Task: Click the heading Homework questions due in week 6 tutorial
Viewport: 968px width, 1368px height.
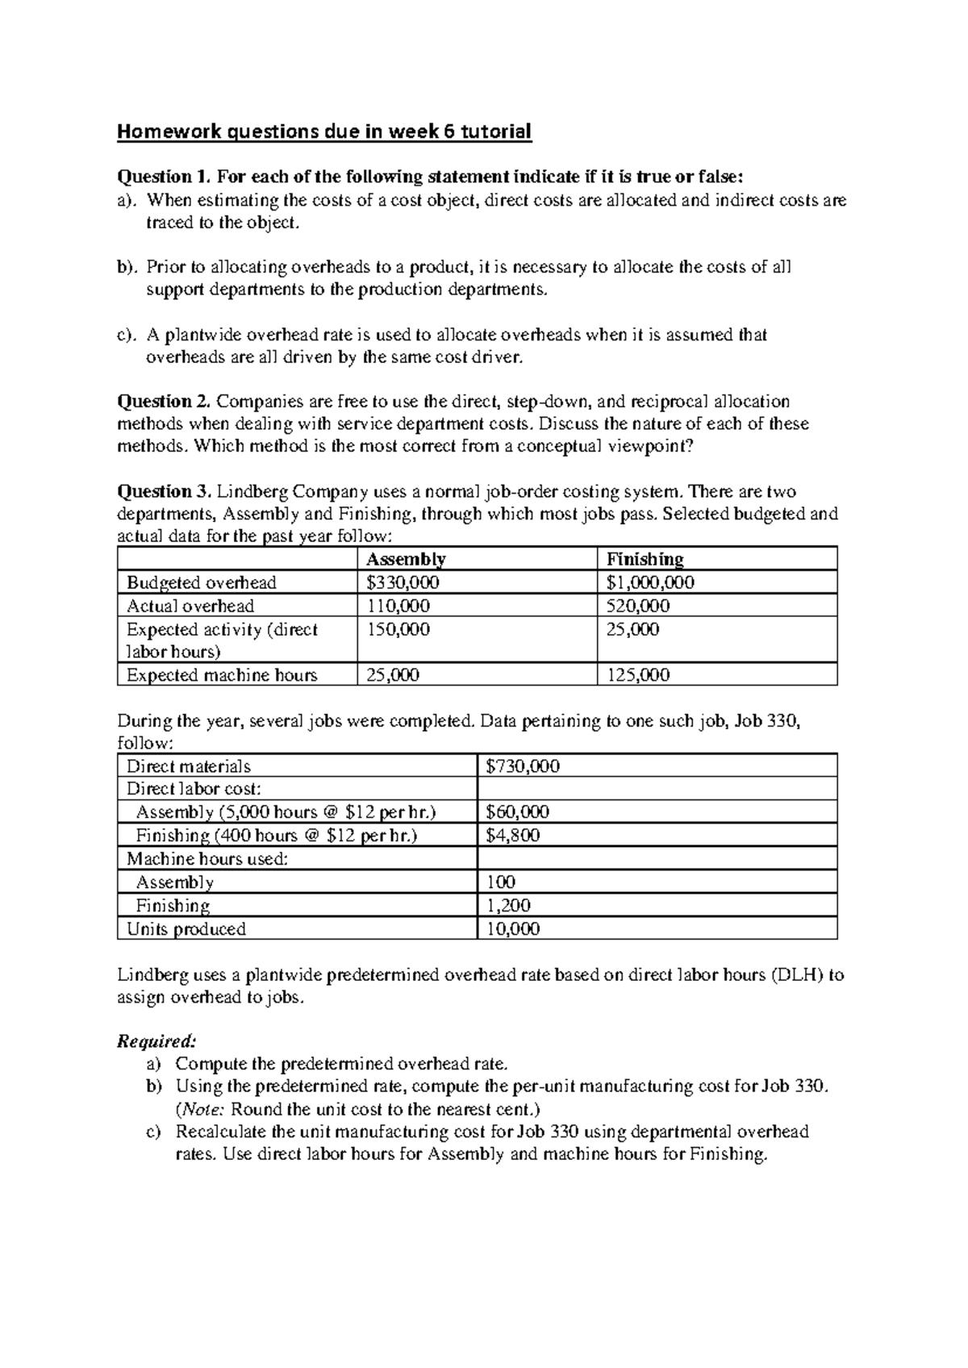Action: point(324,131)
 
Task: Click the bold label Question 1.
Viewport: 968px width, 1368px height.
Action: point(165,177)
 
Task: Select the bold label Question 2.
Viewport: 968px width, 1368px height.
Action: point(165,401)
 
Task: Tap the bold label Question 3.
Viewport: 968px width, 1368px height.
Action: point(165,491)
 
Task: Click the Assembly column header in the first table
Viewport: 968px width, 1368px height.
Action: point(405,559)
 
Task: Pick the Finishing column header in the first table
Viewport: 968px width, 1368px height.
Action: point(645,559)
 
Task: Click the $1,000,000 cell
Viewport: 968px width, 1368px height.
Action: point(650,582)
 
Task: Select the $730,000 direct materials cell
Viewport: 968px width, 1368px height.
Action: point(523,766)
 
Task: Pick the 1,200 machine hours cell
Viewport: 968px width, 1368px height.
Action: point(508,906)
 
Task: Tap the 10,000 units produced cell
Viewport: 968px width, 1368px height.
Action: point(513,929)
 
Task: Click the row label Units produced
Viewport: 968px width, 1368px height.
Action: point(186,929)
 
